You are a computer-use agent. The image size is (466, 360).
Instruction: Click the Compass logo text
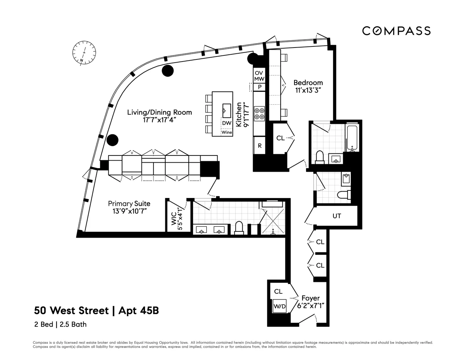[x=396, y=31]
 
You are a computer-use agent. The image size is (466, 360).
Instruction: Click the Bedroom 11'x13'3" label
[x=308, y=86]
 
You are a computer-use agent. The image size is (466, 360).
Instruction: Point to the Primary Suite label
[x=129, y=207]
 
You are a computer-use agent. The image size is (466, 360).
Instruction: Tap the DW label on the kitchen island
[x=227, y=123]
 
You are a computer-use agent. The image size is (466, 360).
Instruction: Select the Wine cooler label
[x=227, y=132]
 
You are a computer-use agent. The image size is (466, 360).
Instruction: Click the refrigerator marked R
[x=259, y=146]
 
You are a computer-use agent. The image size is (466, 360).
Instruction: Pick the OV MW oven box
[x=259, y=76]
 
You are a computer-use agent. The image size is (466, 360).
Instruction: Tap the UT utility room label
[x=337, y=216]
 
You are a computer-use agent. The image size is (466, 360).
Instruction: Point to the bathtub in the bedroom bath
[x=351, y=138]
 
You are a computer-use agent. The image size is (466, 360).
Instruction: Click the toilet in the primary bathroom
[x=238, y=228]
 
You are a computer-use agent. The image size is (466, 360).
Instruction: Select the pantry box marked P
[x=259, y=87]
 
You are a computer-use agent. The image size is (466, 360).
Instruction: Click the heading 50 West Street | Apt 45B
[x=97, y=310]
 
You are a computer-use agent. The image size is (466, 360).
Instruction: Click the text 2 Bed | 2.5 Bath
[x=60, y=324]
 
